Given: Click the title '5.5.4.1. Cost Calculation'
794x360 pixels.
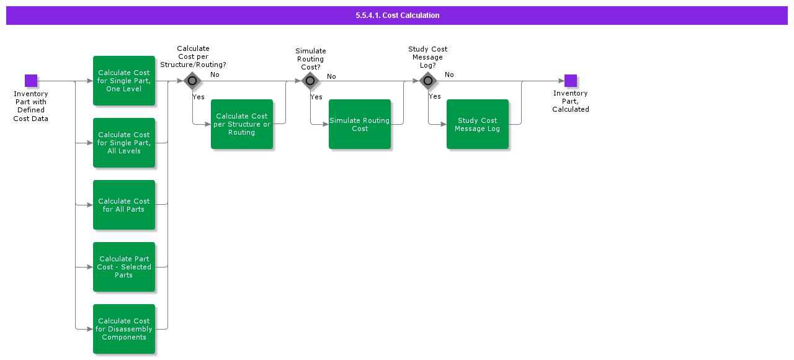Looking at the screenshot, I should tap(397, 16).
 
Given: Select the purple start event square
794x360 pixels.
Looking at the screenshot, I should tap(31, 81).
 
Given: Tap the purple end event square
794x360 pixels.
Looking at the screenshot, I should tap(571, 81).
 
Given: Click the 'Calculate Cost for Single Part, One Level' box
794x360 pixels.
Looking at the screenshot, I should tap(124, 81).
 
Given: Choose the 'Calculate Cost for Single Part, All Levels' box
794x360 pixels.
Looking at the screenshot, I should tap(124, 143).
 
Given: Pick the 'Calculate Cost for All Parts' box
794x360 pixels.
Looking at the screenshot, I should tap(124, 205).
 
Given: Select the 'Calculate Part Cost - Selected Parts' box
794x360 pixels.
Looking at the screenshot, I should tap(124, 267).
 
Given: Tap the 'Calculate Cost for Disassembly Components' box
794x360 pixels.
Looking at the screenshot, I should tap(124, 329).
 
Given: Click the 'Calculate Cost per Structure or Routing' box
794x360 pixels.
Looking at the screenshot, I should tap(242, 124).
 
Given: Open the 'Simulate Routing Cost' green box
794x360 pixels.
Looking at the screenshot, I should tap(360, 124).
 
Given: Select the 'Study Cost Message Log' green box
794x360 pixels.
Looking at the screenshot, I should tap(478, 124).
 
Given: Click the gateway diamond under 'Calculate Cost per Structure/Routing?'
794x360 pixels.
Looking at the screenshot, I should tap(192, 81).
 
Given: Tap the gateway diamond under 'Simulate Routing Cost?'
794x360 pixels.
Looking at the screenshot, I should tap(310, 81).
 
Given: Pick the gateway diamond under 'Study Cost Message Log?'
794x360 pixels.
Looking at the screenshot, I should tap(427, 81).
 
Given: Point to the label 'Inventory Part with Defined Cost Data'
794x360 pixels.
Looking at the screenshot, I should tap(31, 106).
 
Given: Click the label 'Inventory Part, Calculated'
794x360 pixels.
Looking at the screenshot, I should tap(571, 101).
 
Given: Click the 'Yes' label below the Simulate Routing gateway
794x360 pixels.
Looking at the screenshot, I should tap(316, 97).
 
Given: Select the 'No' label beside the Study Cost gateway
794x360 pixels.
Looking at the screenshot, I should tap(449, 74).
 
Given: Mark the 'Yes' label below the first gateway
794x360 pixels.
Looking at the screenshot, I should tap(198, 97).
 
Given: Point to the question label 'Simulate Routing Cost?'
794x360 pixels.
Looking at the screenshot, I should tap(310, 59).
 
